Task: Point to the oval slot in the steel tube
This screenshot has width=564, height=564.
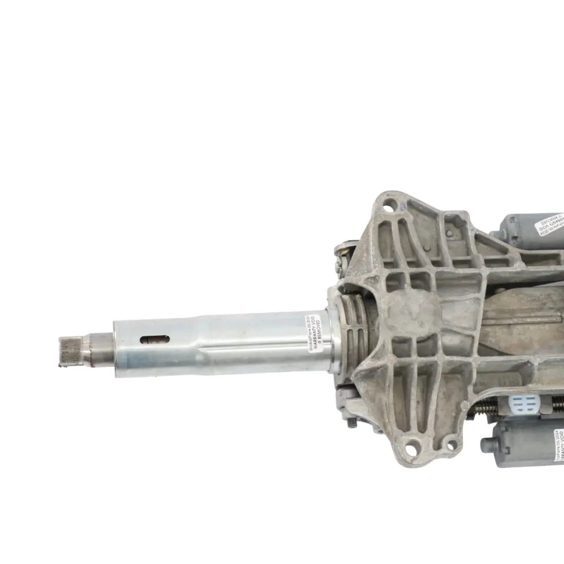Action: coord(155,340)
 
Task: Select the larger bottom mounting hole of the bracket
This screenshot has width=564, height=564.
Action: coord(414,446)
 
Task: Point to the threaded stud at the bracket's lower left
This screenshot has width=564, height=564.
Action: coord(352,422)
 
